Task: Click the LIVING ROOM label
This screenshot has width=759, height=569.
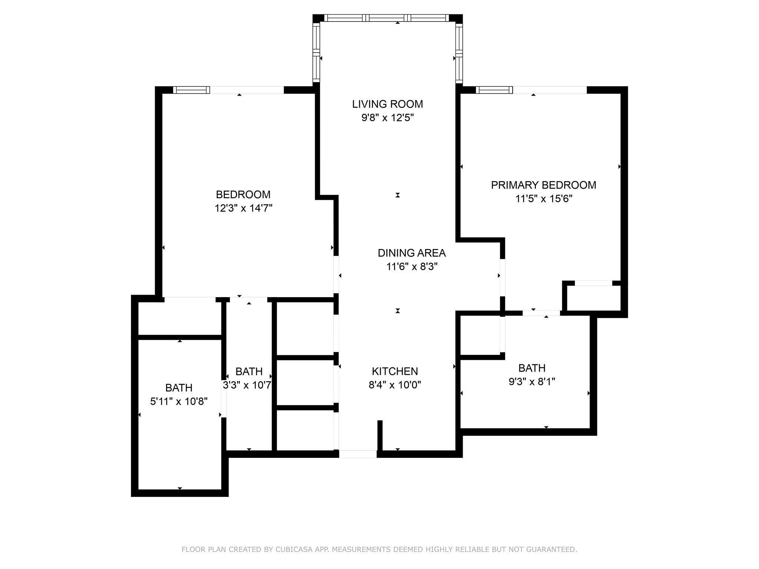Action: click(387, 104)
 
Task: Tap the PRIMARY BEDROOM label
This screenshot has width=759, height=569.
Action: click(543, 185)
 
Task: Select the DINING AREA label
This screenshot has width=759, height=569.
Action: click(411, 253)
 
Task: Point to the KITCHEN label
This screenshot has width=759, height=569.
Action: click(395, 371)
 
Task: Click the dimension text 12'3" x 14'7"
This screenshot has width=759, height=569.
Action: click(243, 208)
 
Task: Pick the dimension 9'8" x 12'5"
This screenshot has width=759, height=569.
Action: click(387, 118)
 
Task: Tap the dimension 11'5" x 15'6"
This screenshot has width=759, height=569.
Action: click(544, 199)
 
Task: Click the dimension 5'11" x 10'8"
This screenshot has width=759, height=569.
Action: click(179, 401)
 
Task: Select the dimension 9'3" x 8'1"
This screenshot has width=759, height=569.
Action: click(532, 382)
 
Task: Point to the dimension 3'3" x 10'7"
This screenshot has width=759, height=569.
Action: click(247, 385)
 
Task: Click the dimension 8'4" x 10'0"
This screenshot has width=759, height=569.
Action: click(395, 385)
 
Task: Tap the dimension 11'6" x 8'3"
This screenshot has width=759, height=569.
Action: click(412, 267)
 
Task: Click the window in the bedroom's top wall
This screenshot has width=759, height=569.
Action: click(191, 90)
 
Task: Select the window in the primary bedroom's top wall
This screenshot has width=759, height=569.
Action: click(494, 90)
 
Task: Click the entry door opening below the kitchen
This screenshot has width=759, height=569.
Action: click(358, 454)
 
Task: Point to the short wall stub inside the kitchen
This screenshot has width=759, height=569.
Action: click(380, 436)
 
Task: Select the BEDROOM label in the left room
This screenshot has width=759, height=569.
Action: click(243, 194)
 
